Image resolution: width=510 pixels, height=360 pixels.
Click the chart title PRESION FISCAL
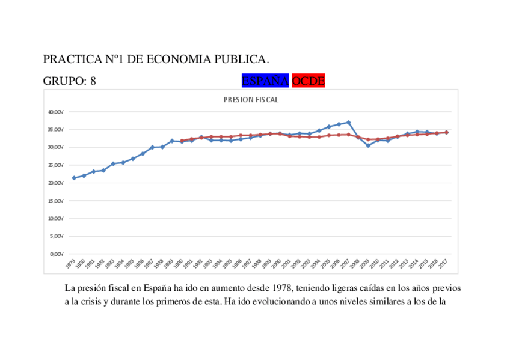251,100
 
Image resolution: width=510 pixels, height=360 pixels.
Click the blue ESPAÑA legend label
265,81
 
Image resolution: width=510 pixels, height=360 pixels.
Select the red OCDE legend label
308,81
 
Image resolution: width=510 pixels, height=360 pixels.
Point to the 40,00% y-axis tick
57,112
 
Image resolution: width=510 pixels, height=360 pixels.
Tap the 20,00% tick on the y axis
57,183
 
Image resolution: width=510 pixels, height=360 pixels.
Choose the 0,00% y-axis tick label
58,254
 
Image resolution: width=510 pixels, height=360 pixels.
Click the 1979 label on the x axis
71,263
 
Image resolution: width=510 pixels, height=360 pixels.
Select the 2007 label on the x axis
345,263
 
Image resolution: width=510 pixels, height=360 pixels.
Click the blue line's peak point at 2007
348,122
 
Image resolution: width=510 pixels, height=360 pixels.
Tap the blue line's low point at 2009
368,145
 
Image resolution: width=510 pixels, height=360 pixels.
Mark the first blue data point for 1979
74,178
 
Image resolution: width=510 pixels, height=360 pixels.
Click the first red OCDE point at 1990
182,141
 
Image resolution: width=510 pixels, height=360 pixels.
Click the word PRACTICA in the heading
70,59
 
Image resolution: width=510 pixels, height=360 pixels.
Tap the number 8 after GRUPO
93,81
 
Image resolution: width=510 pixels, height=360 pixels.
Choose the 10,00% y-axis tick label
57,218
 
